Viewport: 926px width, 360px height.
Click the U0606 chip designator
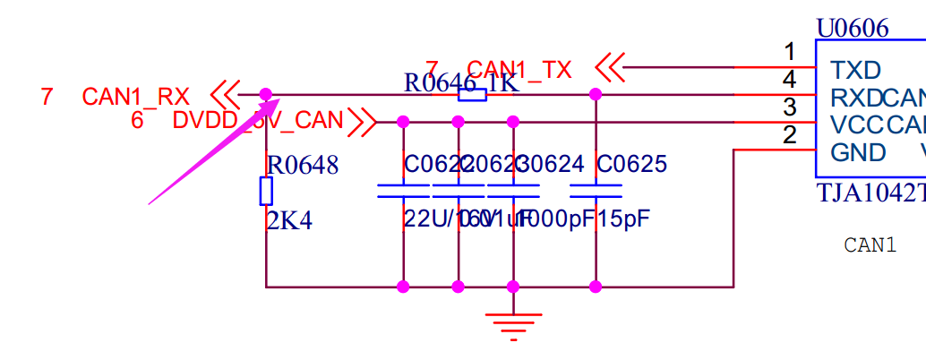click(x=852, y=29)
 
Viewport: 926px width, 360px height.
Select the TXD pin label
click(x=855, y=70)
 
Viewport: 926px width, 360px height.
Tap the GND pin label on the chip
click(x=858, y=152)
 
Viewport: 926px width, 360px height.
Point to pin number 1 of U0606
click(x=789, y=51)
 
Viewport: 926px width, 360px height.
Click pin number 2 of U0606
click(x=789, y=135)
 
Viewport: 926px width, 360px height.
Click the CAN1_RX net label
click(x=135, y=96)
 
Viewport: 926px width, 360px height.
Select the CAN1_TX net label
click(x=519, y=70)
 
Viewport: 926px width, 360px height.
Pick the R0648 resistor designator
click(x=304, y=165)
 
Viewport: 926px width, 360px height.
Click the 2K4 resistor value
click(x=289, y=220)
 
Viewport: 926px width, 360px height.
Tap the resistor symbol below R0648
click(x=266, y=191)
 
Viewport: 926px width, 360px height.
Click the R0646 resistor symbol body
click(x=472, y=94)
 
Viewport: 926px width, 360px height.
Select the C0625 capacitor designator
click(x=631, y=165)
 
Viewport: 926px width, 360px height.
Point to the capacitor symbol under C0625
click(x=596, y=191)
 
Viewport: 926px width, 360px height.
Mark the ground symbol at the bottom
click(x=513, y=324)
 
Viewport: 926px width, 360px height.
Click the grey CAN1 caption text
click(x=870, y=244)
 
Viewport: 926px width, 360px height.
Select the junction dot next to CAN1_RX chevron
click(x=266, y=94)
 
